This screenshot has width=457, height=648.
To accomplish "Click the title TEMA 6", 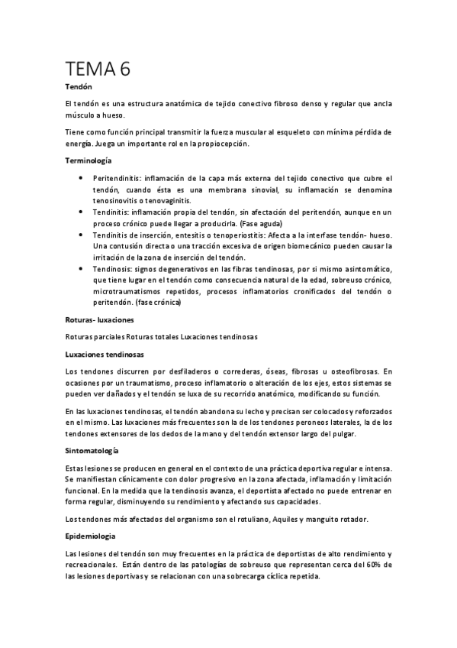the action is (98, 69).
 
